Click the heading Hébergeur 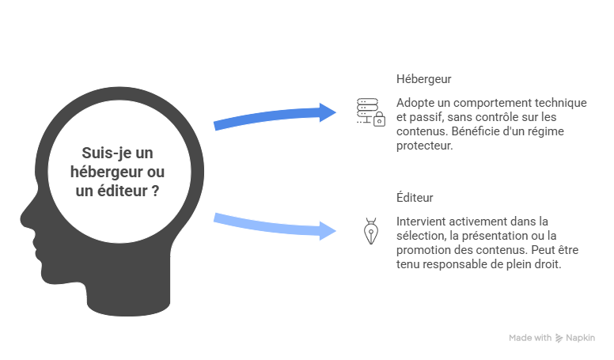coord(424,80)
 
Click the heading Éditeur coord(415,197)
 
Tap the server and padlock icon coord(370,112)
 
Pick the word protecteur coord(423,146)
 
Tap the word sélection coord(420,235)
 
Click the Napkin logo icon coord(559,338)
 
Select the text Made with coord(530,338)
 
